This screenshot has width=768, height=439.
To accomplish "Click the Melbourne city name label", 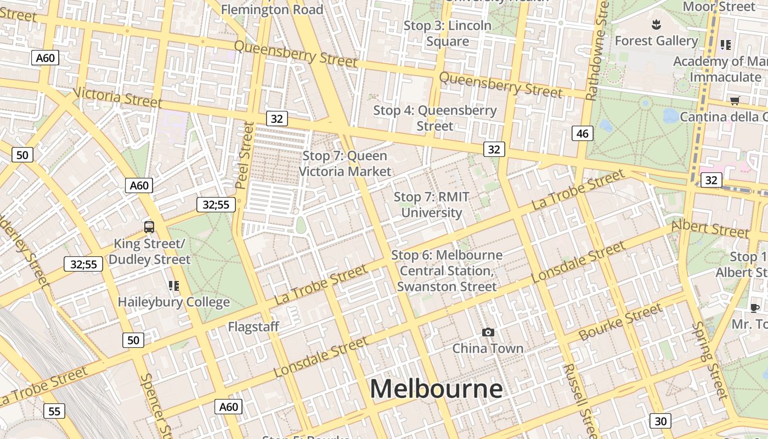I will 436,389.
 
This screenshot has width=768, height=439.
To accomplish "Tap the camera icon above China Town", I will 488,332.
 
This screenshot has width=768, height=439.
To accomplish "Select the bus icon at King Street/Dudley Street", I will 149,227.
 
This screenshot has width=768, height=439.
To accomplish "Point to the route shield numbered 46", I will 582,133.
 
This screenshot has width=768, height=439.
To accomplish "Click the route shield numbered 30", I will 660,421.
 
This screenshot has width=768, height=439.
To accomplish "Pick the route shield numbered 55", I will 54,411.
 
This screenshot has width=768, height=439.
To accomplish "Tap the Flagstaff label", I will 253,327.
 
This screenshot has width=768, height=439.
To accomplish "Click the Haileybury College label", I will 174,302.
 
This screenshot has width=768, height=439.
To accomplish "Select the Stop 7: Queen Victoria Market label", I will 345,164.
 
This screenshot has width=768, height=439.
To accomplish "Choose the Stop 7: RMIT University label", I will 432,205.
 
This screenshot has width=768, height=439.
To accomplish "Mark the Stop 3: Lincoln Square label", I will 448,33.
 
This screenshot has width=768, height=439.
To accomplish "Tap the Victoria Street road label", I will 117,98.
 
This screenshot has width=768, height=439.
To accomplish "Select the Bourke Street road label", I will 620,323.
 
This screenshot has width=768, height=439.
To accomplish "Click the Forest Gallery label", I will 656,41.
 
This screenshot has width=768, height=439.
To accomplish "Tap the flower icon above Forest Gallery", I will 656,24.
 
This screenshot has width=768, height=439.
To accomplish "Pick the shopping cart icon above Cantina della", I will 735,100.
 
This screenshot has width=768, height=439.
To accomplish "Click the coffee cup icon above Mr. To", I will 755,308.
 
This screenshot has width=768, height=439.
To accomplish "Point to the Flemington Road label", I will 272,9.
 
